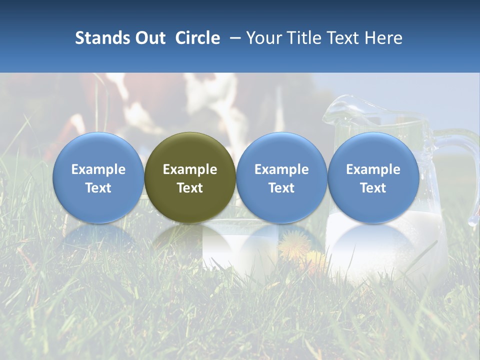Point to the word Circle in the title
(197, 38)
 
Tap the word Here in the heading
(383, 38)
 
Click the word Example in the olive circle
(190, 169)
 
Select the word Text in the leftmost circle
(98, 188)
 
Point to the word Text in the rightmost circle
(373, 188)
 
